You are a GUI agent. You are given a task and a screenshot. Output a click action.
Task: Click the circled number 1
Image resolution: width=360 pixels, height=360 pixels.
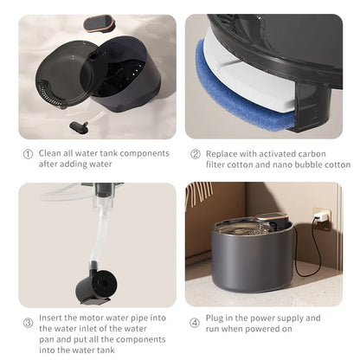tap(27, 153)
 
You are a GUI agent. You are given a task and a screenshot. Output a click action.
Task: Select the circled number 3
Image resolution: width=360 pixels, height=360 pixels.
tap(27, 324)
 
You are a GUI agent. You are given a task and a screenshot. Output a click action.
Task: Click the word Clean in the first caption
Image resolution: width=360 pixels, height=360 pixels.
tap(50, 153)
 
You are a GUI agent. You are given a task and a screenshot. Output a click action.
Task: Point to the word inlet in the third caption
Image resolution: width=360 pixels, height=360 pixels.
tap(94, 329)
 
